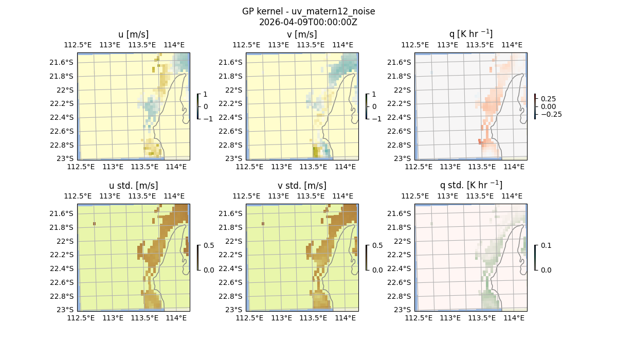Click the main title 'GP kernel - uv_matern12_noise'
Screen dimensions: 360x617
[308, 11]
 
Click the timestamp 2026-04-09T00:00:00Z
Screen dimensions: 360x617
[308, 22]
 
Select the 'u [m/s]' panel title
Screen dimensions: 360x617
[133, 34]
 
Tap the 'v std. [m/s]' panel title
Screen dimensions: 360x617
[302, 186]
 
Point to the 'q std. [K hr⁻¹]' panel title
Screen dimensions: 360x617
[470, 185]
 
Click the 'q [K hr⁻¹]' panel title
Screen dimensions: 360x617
[470, 34]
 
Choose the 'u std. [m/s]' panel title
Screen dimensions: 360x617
[133, 186]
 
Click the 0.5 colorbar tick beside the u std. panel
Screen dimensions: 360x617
[209, 245]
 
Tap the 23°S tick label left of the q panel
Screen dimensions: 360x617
[402, 158]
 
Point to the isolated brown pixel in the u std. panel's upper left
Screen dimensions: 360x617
[95, 224]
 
